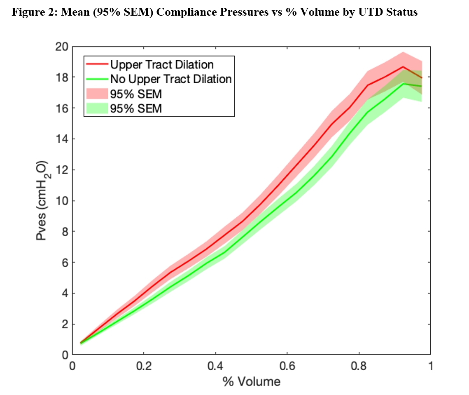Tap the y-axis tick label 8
pos(62,231)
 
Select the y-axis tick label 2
pos(62,324)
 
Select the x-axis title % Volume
pos(251,382)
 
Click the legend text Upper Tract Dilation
pos(162,65)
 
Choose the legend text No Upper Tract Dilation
pos(171,79)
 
